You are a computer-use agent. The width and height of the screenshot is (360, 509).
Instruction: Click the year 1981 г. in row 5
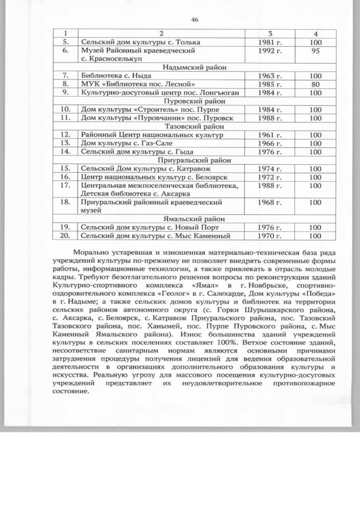tap(274, 42)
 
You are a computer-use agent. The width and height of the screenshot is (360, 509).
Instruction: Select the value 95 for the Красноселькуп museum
tap(314, 51)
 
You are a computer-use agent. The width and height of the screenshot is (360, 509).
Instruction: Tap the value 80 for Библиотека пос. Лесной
tap(314, 84)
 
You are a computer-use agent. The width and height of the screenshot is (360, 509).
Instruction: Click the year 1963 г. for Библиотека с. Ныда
tap(274, 75)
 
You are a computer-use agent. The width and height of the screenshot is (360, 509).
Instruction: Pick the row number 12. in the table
tap(66, 135)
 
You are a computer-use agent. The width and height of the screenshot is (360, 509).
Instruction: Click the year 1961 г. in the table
tap(274, 135)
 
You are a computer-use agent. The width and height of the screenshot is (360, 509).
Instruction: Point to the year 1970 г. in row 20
tap(274, 236)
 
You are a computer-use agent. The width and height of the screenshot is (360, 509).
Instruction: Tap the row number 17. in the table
tap(66, 185)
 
